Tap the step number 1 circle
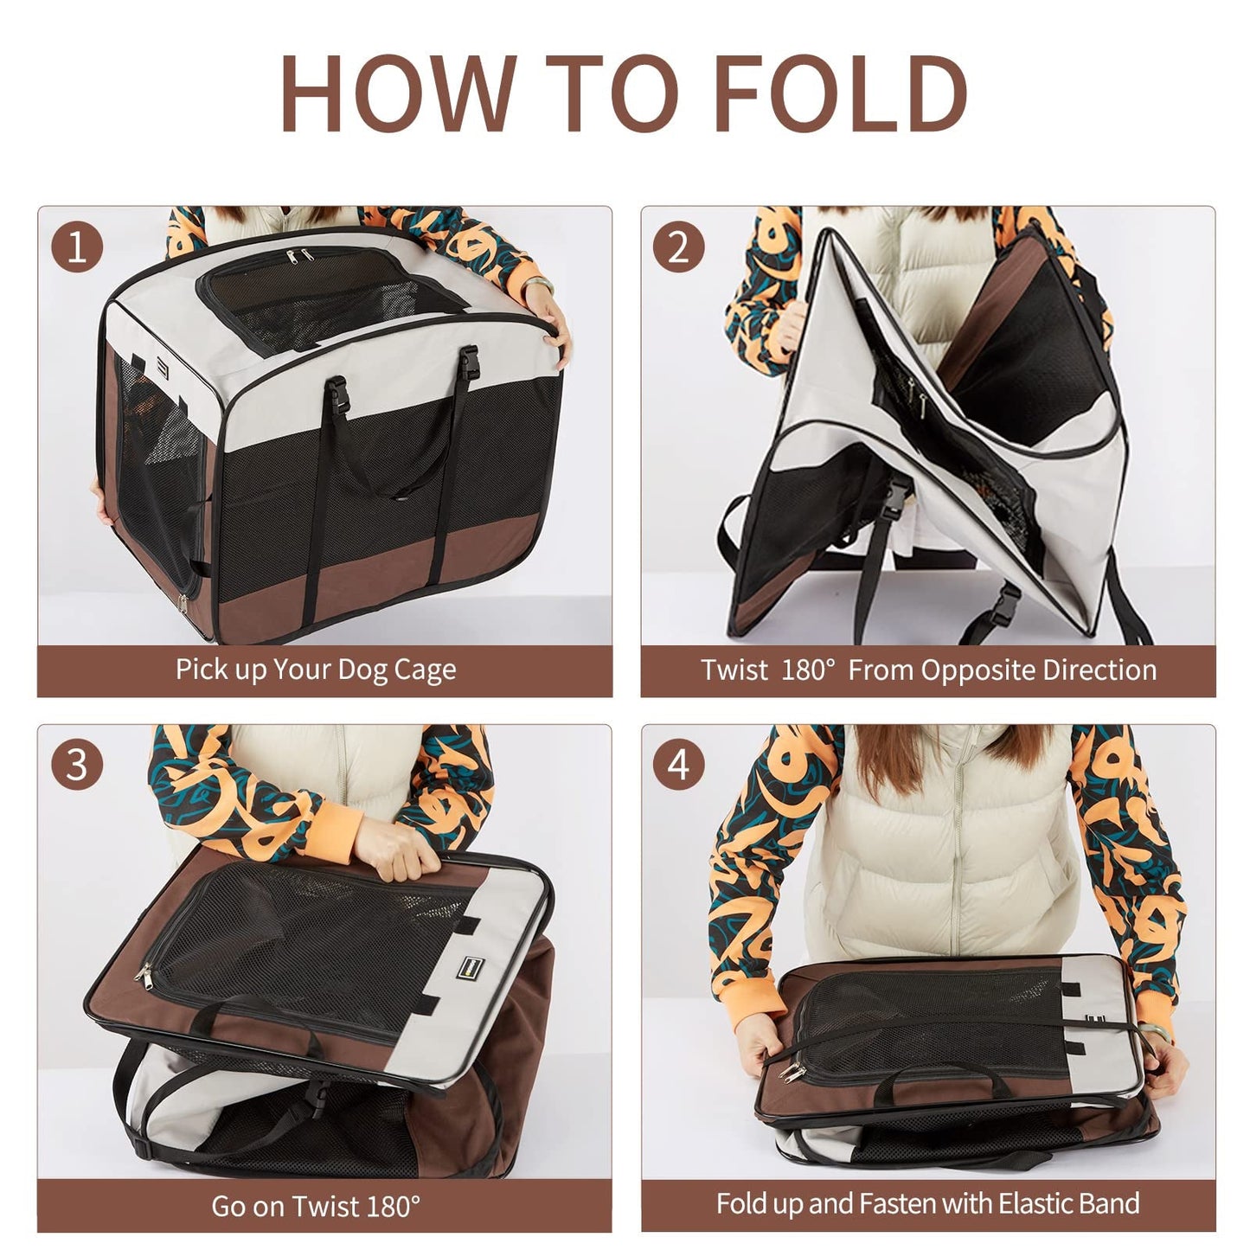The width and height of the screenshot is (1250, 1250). click(x=77, y=247)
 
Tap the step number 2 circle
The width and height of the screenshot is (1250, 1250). click(x=679, y=247)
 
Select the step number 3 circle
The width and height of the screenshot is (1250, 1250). click(x=77, y=766)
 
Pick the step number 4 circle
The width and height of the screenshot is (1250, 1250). click(x=679, y=766)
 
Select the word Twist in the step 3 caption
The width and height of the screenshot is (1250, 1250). click(x=329, y=1205)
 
